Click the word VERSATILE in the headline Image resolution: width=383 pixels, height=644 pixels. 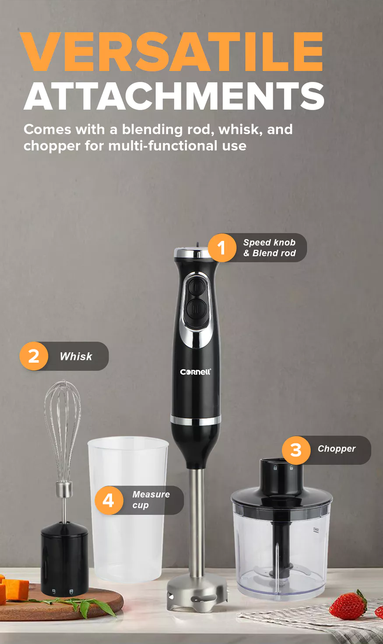click(172, 52)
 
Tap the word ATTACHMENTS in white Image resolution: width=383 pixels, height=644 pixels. click(174, 96)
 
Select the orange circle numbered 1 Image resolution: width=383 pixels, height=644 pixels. click(222, 248)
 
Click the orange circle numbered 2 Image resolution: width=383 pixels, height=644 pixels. click(34, 356)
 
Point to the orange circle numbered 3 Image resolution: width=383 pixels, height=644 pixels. click(296, 450)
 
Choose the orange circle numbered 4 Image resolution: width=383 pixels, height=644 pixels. click(109, 500)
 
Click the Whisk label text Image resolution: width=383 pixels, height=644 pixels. click(76, 357)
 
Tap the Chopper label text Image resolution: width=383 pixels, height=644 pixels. click(337, 449)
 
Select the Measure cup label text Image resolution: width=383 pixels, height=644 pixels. click(151, 500)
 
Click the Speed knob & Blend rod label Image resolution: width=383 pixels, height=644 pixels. click(270, 248)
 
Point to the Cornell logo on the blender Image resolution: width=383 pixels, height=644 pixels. click(196, 372)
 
